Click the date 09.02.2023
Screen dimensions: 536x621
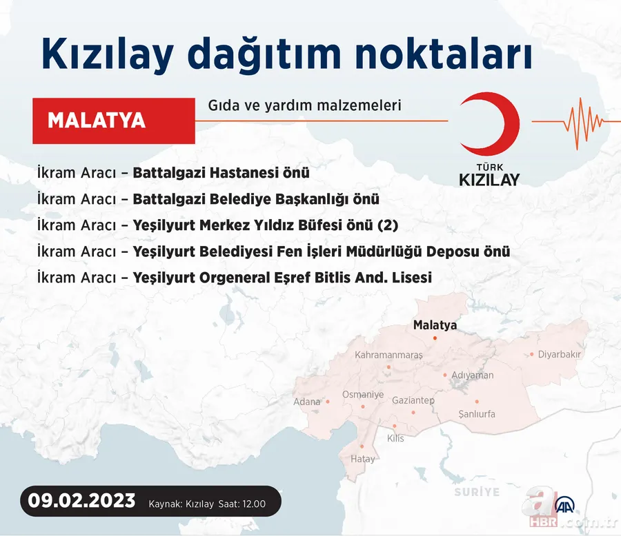pos(82,502)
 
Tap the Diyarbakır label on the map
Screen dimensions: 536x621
pos(560,354)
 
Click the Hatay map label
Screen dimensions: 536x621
pos(363,459)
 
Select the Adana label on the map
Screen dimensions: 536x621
pos(307,402)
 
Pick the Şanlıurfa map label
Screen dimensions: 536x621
pos(477,414)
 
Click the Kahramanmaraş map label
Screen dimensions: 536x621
pos(388,355)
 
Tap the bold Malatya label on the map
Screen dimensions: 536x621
pos(435,325)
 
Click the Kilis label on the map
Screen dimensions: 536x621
pos(395,438)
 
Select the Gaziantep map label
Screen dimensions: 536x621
pos(413,400)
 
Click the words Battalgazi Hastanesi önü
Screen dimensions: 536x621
pos(221,173)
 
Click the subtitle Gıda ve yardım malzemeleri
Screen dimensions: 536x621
pos(304,106)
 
